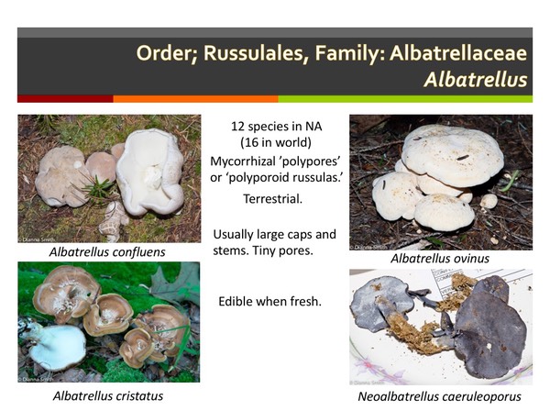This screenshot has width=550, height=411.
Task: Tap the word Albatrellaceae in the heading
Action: pyautogui.click(x=456, y=52)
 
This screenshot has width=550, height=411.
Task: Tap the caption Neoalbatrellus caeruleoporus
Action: pyautogui.click(x=441, y=395)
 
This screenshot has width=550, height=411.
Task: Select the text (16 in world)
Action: pyautogui.click(x=274, y=142)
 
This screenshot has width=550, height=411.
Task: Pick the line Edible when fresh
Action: pyautogui.click(x=269, y=301)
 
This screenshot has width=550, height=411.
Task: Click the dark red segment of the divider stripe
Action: pyautogui.click(x=64, y=99)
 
